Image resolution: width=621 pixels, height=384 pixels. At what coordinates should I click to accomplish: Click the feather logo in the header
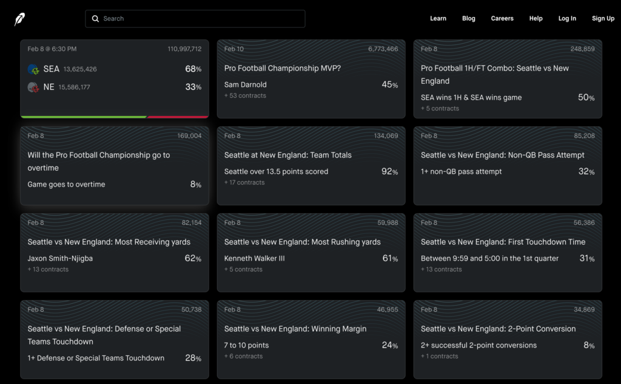click(20, 19)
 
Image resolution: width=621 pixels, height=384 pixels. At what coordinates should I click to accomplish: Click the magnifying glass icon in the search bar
click(95, 19)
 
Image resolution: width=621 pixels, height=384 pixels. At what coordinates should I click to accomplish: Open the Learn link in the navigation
click(438, 19)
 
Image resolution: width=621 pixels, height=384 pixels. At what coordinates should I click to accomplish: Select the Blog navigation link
click(469, 19)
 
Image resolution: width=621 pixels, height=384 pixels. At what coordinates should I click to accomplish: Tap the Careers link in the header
click(502, 19)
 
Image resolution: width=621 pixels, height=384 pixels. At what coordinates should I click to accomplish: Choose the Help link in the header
click(535, 19)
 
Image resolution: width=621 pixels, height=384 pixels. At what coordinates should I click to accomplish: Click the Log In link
click(567, 19)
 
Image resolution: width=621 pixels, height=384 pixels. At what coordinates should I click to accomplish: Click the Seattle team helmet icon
click(33, 69)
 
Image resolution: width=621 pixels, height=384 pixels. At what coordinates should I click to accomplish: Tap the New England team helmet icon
click(33, 87)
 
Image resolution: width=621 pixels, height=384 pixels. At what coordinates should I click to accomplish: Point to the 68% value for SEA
click(193, 69)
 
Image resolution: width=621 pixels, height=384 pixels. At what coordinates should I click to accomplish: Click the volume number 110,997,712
click(184, 49)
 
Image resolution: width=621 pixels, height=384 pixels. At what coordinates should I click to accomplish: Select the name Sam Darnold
click(246, 85)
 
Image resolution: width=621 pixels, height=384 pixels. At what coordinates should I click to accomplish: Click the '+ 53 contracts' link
click(245, 96)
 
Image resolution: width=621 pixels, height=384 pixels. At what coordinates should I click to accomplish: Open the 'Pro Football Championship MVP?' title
click(283, 69)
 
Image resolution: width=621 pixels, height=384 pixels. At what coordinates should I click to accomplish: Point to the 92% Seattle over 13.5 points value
click(389, 172)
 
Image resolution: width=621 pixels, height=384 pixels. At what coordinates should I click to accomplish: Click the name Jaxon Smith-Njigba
click(60, 259)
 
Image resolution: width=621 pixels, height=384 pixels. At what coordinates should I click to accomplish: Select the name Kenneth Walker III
click(255, 259)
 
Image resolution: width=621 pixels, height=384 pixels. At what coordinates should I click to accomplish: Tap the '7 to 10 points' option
click(246, 346)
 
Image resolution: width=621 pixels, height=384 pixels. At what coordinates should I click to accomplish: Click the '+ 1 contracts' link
click(440, 357)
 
